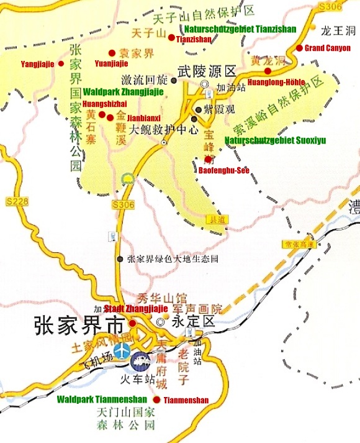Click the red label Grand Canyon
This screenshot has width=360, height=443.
point(328,48)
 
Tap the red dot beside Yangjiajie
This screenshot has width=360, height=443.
point(61,63)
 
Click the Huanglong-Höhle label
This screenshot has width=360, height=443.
point(276,81)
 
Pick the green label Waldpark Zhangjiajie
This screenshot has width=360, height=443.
point(123,91)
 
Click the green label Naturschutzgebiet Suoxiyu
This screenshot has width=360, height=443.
point(275,140)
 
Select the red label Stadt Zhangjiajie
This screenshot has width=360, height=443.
point(136,309)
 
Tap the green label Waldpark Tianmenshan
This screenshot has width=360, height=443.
point(102,399)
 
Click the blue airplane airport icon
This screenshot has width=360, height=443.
point(122,350)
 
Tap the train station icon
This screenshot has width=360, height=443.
point(141,360)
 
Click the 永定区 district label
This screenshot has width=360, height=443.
point(192,322)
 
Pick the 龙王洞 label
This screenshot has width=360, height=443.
point(338,29)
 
